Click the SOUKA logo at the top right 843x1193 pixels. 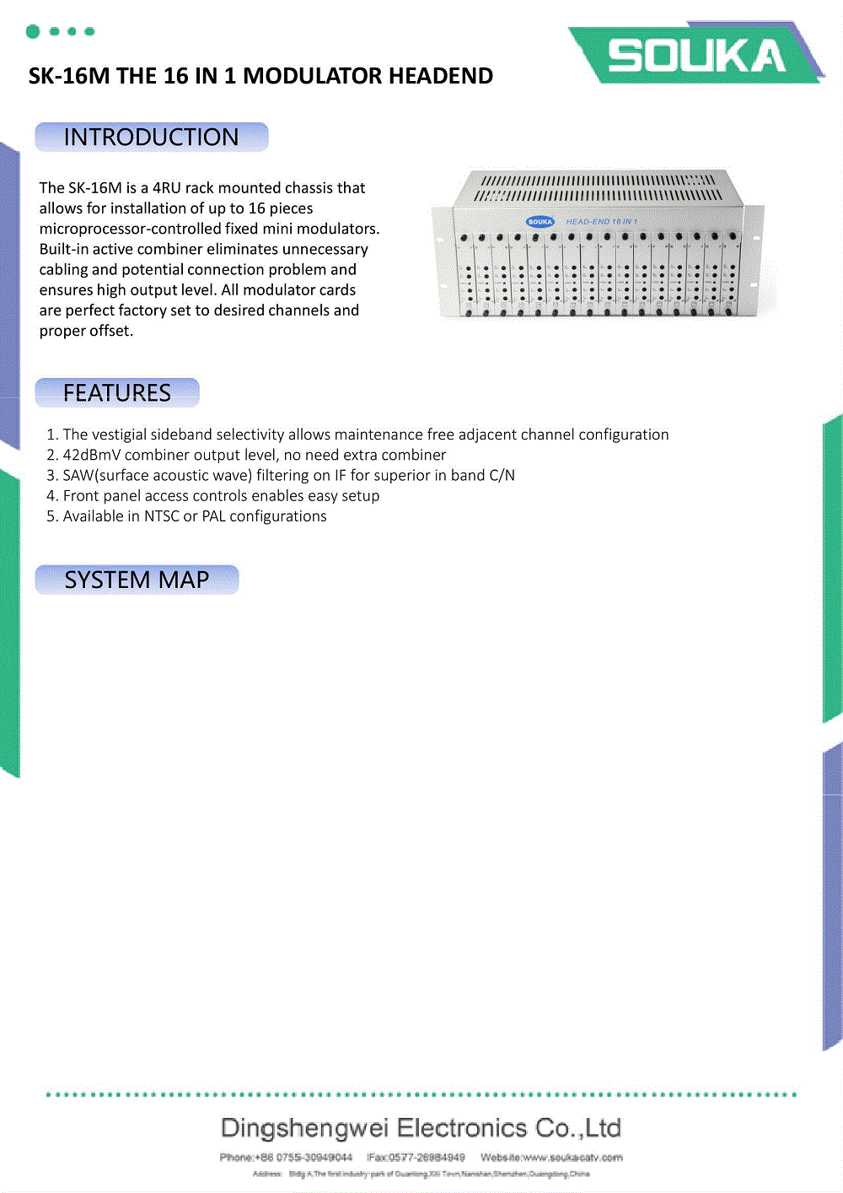[x=696, y=56]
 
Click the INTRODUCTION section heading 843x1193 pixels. [x=152, y=138]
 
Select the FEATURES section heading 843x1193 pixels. [x=117, y=393]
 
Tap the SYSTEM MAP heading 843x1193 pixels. [x=137, y=580]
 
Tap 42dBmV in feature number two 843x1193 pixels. [x=91, y=455]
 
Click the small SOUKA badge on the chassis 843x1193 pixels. [x=540, y=222]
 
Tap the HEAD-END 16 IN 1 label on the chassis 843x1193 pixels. [x=601, y=222]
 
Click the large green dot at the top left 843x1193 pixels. [x=33, y=32]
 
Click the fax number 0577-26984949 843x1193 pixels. [x=427, y=1158]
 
